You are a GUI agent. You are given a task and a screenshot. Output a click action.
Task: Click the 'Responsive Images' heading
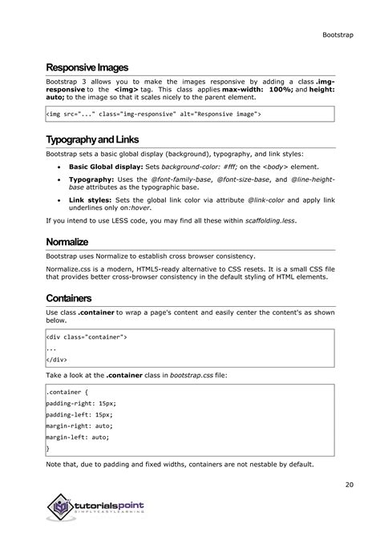coord(87,67)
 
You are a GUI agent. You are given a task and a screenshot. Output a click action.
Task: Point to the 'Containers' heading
coord(68,298)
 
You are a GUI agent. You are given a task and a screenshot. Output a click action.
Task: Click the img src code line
coord(153,115)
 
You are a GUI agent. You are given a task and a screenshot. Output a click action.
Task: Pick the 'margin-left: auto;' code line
coord(79,438)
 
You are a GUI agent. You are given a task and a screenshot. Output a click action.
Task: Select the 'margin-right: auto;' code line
coord(81,427)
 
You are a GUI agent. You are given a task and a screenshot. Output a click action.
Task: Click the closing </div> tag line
coord(57,361)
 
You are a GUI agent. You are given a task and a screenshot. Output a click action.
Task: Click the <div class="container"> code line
coord(87,337)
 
